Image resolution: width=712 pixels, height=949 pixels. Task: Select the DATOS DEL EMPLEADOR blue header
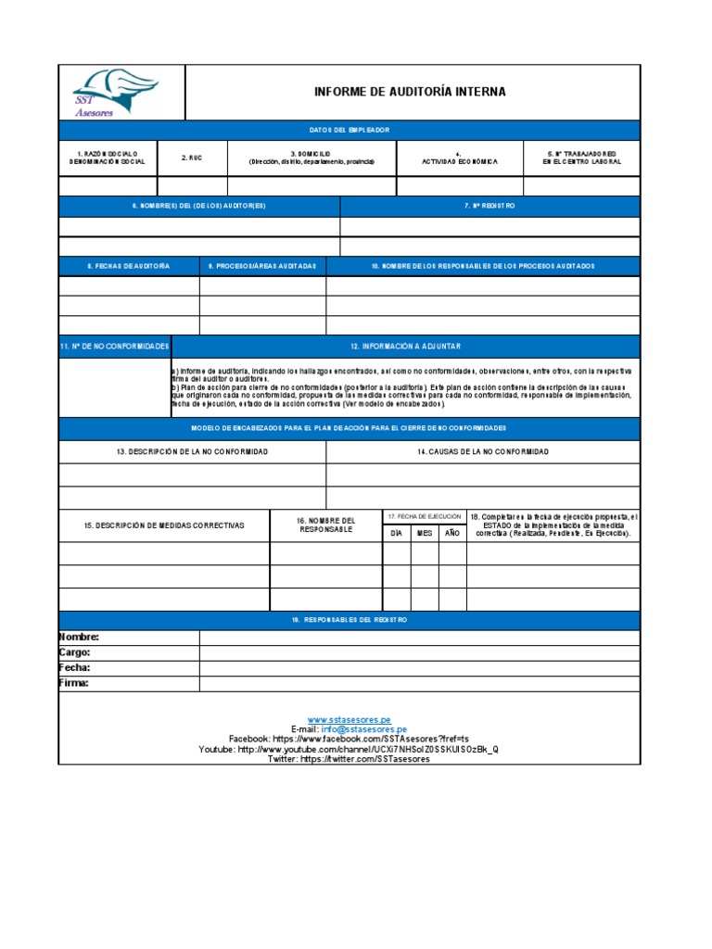click(349, 130)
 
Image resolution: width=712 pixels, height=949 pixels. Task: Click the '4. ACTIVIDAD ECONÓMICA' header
click(459, 158)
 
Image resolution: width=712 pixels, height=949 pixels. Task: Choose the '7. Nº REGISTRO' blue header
click(489, 206)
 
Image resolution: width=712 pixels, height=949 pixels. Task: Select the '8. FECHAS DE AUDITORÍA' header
click(129, 266)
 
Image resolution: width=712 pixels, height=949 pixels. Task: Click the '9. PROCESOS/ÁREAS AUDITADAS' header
click(262, 266)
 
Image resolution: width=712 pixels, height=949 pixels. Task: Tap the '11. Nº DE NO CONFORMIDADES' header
click(115, 346)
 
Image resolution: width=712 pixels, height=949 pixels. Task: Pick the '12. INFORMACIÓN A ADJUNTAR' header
click(405, 346)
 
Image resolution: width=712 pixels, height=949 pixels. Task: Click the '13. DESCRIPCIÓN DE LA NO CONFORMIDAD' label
click(193, 451)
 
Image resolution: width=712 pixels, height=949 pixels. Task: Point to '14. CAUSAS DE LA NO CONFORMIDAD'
click(482, 451)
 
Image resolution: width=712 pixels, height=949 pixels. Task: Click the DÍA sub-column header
click(397, 534)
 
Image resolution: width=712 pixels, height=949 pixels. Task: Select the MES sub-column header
click(425, 534)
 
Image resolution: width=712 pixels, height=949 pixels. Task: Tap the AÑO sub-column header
click(452, 534)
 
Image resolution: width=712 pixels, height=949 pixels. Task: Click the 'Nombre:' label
click(79, 638)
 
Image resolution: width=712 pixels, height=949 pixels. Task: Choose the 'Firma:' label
click(74, 683)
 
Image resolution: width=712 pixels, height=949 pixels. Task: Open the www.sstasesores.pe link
click(349, 719)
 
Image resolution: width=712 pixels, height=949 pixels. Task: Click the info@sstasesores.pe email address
click(363, 729)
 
